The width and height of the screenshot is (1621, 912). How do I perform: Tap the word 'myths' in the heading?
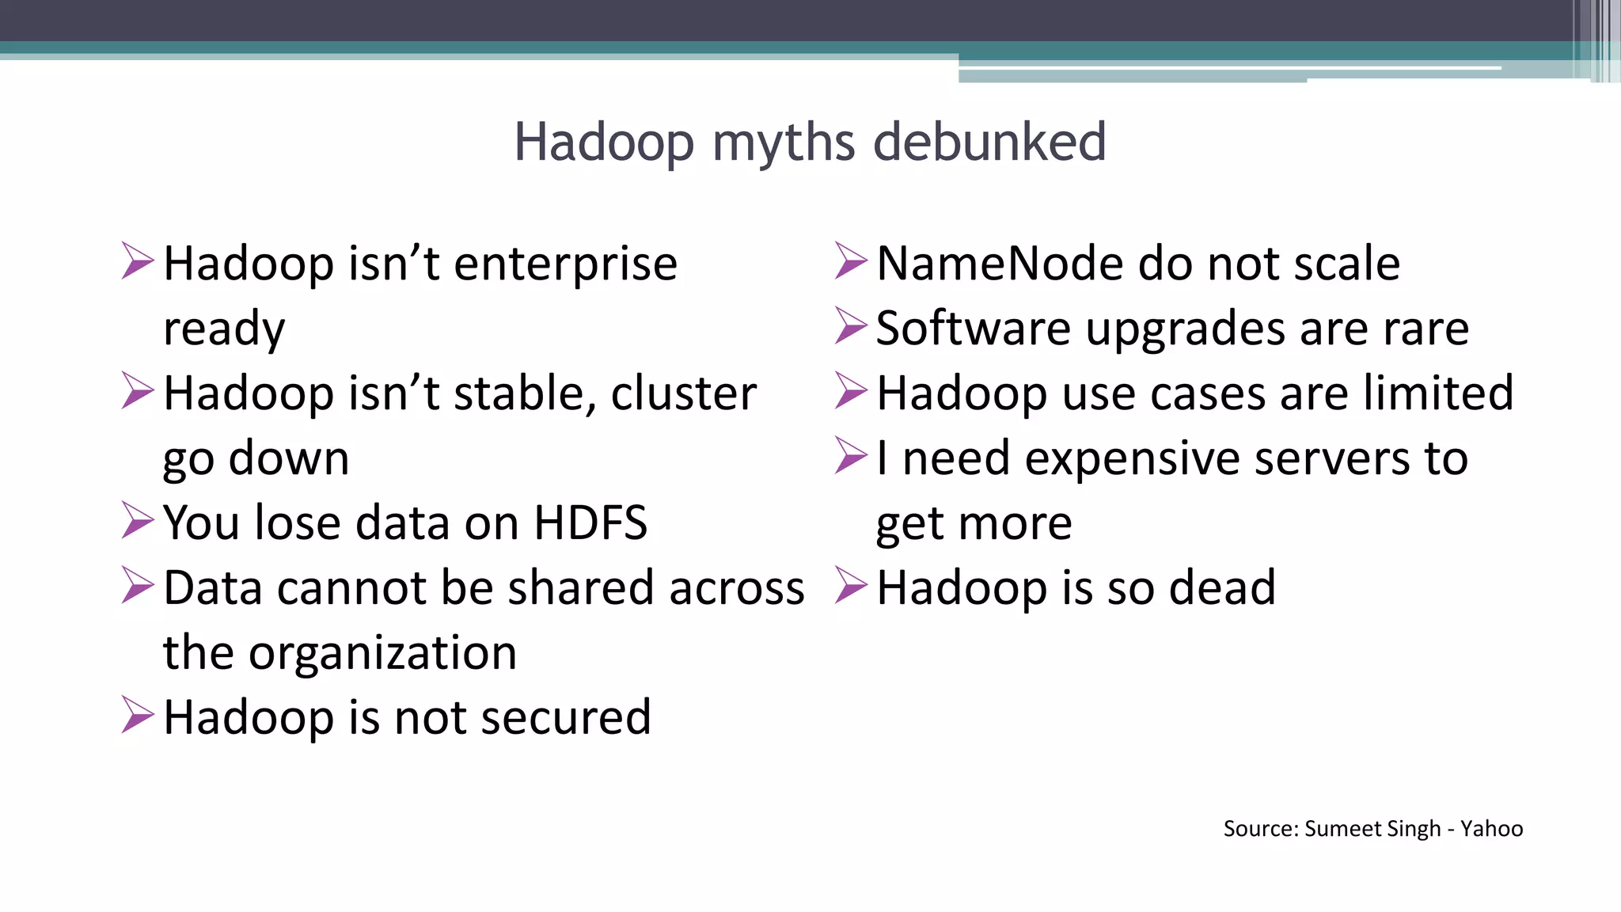pos(784,144)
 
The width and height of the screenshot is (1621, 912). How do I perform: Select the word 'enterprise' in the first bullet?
pos(565,264)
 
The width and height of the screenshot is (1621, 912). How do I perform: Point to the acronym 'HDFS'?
pos(590,523)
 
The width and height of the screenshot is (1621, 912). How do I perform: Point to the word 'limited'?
pos(1435,393)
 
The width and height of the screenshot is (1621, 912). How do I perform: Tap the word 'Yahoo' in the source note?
pos(1491,829)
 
